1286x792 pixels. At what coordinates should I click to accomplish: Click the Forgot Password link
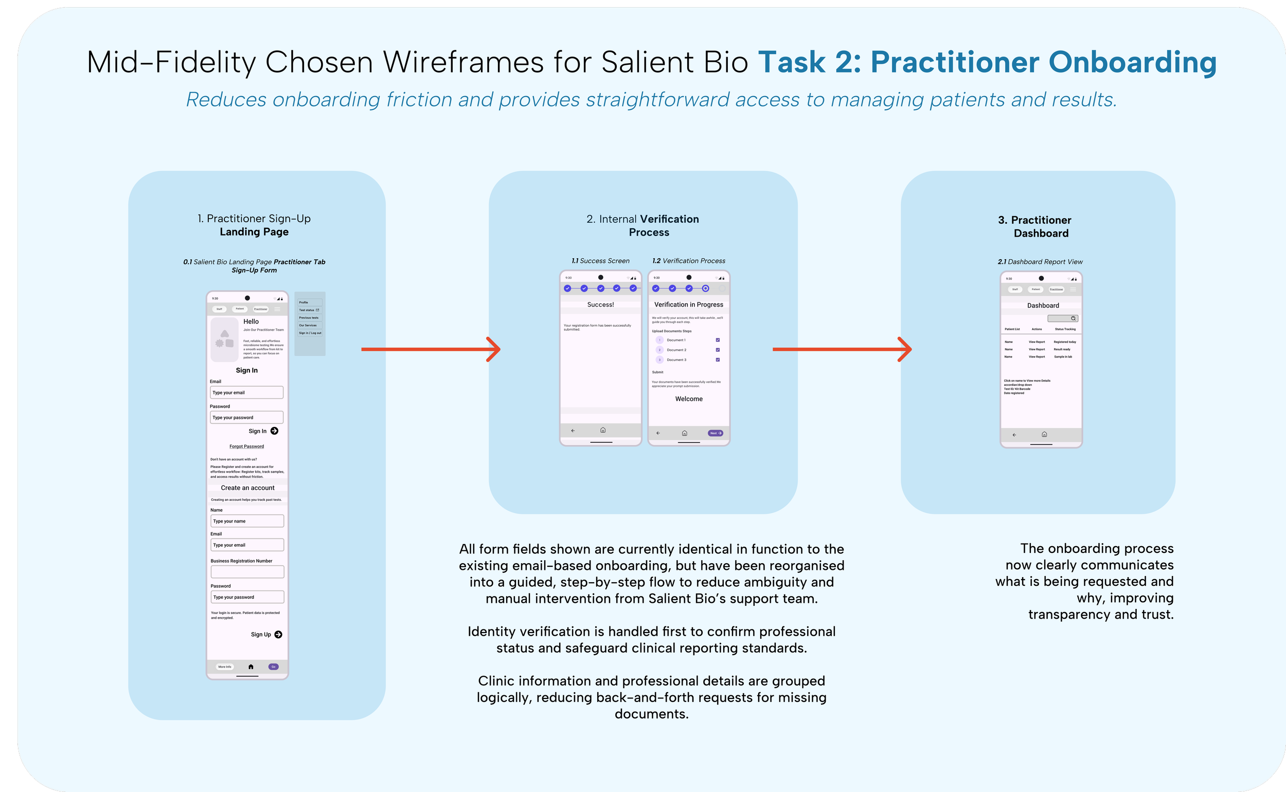tap(247, 446)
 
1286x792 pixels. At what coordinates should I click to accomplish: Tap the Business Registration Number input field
tap(247, 572)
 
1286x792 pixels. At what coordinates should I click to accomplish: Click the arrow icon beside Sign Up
tap(278, 634)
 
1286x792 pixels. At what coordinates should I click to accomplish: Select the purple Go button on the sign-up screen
tap(273, 667)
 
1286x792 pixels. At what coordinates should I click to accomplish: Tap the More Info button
tap(225, 667)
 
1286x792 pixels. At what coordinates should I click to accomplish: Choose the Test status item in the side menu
tap(309, 310)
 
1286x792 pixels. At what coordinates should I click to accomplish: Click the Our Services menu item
tap(308, 325)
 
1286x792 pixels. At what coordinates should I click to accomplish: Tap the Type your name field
tap(247, 521)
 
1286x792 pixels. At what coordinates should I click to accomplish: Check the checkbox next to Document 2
tap(718, 350)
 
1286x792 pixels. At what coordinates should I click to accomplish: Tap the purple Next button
tap(715, 433)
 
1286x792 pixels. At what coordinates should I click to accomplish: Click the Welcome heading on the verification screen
tap(689, 399)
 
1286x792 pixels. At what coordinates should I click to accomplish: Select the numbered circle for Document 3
tap(659, 360)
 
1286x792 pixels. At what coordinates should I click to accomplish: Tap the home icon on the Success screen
tap(603, 430)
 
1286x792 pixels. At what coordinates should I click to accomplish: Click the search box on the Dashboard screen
tap(1062, 318)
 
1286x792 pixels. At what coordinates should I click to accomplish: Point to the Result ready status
tap(1062, 349)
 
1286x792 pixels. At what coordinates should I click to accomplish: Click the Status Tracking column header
tap(1065, 330)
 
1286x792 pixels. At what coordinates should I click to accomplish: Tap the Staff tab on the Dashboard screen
tap(1015, 289)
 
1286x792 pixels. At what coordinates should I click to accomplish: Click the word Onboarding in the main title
tap(1132, 62)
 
